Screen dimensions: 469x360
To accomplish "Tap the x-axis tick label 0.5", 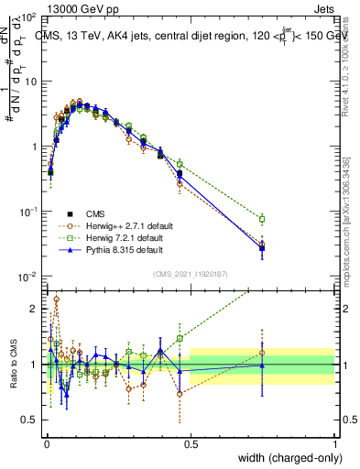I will pyautogui.click(x=191, y=442).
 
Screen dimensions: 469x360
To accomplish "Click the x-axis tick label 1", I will pyautogui.click(x=335, y=442).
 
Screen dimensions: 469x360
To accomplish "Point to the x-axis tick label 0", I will pyautogui.click(x=46, y=442).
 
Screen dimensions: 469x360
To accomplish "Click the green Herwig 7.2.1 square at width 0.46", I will pyautogui.click(x=180, y=164).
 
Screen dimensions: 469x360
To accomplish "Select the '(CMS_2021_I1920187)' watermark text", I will pyautogui.click(x=190, y=274).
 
